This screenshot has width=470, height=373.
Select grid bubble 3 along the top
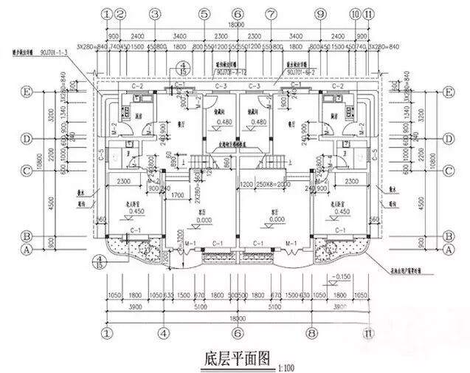pos(154,14)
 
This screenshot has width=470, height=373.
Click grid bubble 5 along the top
pos(202,14)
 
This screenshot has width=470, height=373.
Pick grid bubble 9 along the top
pos(319,14)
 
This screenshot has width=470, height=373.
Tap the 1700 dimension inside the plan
pos(176,196)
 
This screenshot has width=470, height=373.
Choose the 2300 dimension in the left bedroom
pos(123,181)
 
